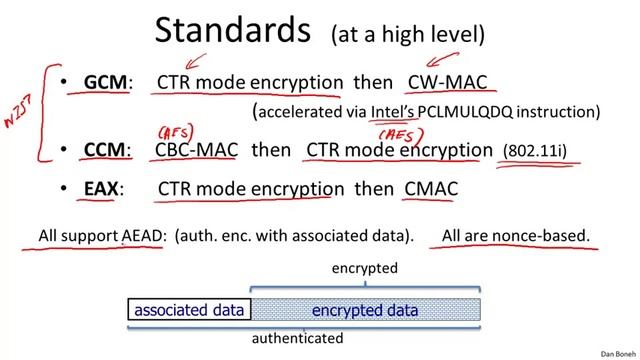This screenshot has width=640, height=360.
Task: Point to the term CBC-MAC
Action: coord(196,150)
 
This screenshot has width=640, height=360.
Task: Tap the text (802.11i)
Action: coord(534,151)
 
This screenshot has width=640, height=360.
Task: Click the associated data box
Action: coord(189,310)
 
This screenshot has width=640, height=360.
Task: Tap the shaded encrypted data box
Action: coord(365,310)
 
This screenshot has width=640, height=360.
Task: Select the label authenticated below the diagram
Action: coord(297,338)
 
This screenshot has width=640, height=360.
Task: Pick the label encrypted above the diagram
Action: coord(365,269)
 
